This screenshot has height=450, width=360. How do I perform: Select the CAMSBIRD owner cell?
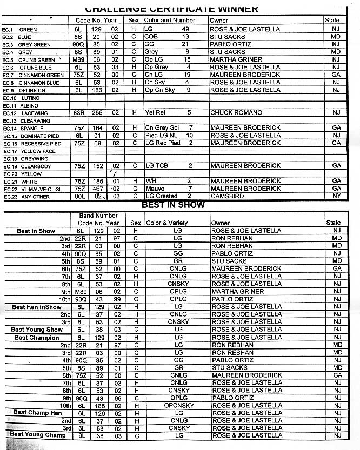(227, 196)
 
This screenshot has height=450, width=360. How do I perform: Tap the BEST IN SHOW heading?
(173, 205)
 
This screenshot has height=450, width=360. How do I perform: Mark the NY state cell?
(336, 196)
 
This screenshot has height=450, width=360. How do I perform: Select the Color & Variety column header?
(167, 223)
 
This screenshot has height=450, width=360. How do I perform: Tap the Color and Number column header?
(170, 20)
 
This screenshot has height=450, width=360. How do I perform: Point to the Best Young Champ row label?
(38, 434)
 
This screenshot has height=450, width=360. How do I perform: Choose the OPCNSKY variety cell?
(177, 406)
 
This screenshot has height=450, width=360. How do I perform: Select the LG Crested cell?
(162, 196)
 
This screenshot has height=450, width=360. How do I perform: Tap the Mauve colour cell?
(155, 189)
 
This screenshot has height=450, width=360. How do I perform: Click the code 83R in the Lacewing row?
(78, 113)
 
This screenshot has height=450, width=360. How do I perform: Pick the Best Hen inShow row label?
(37, 307)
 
